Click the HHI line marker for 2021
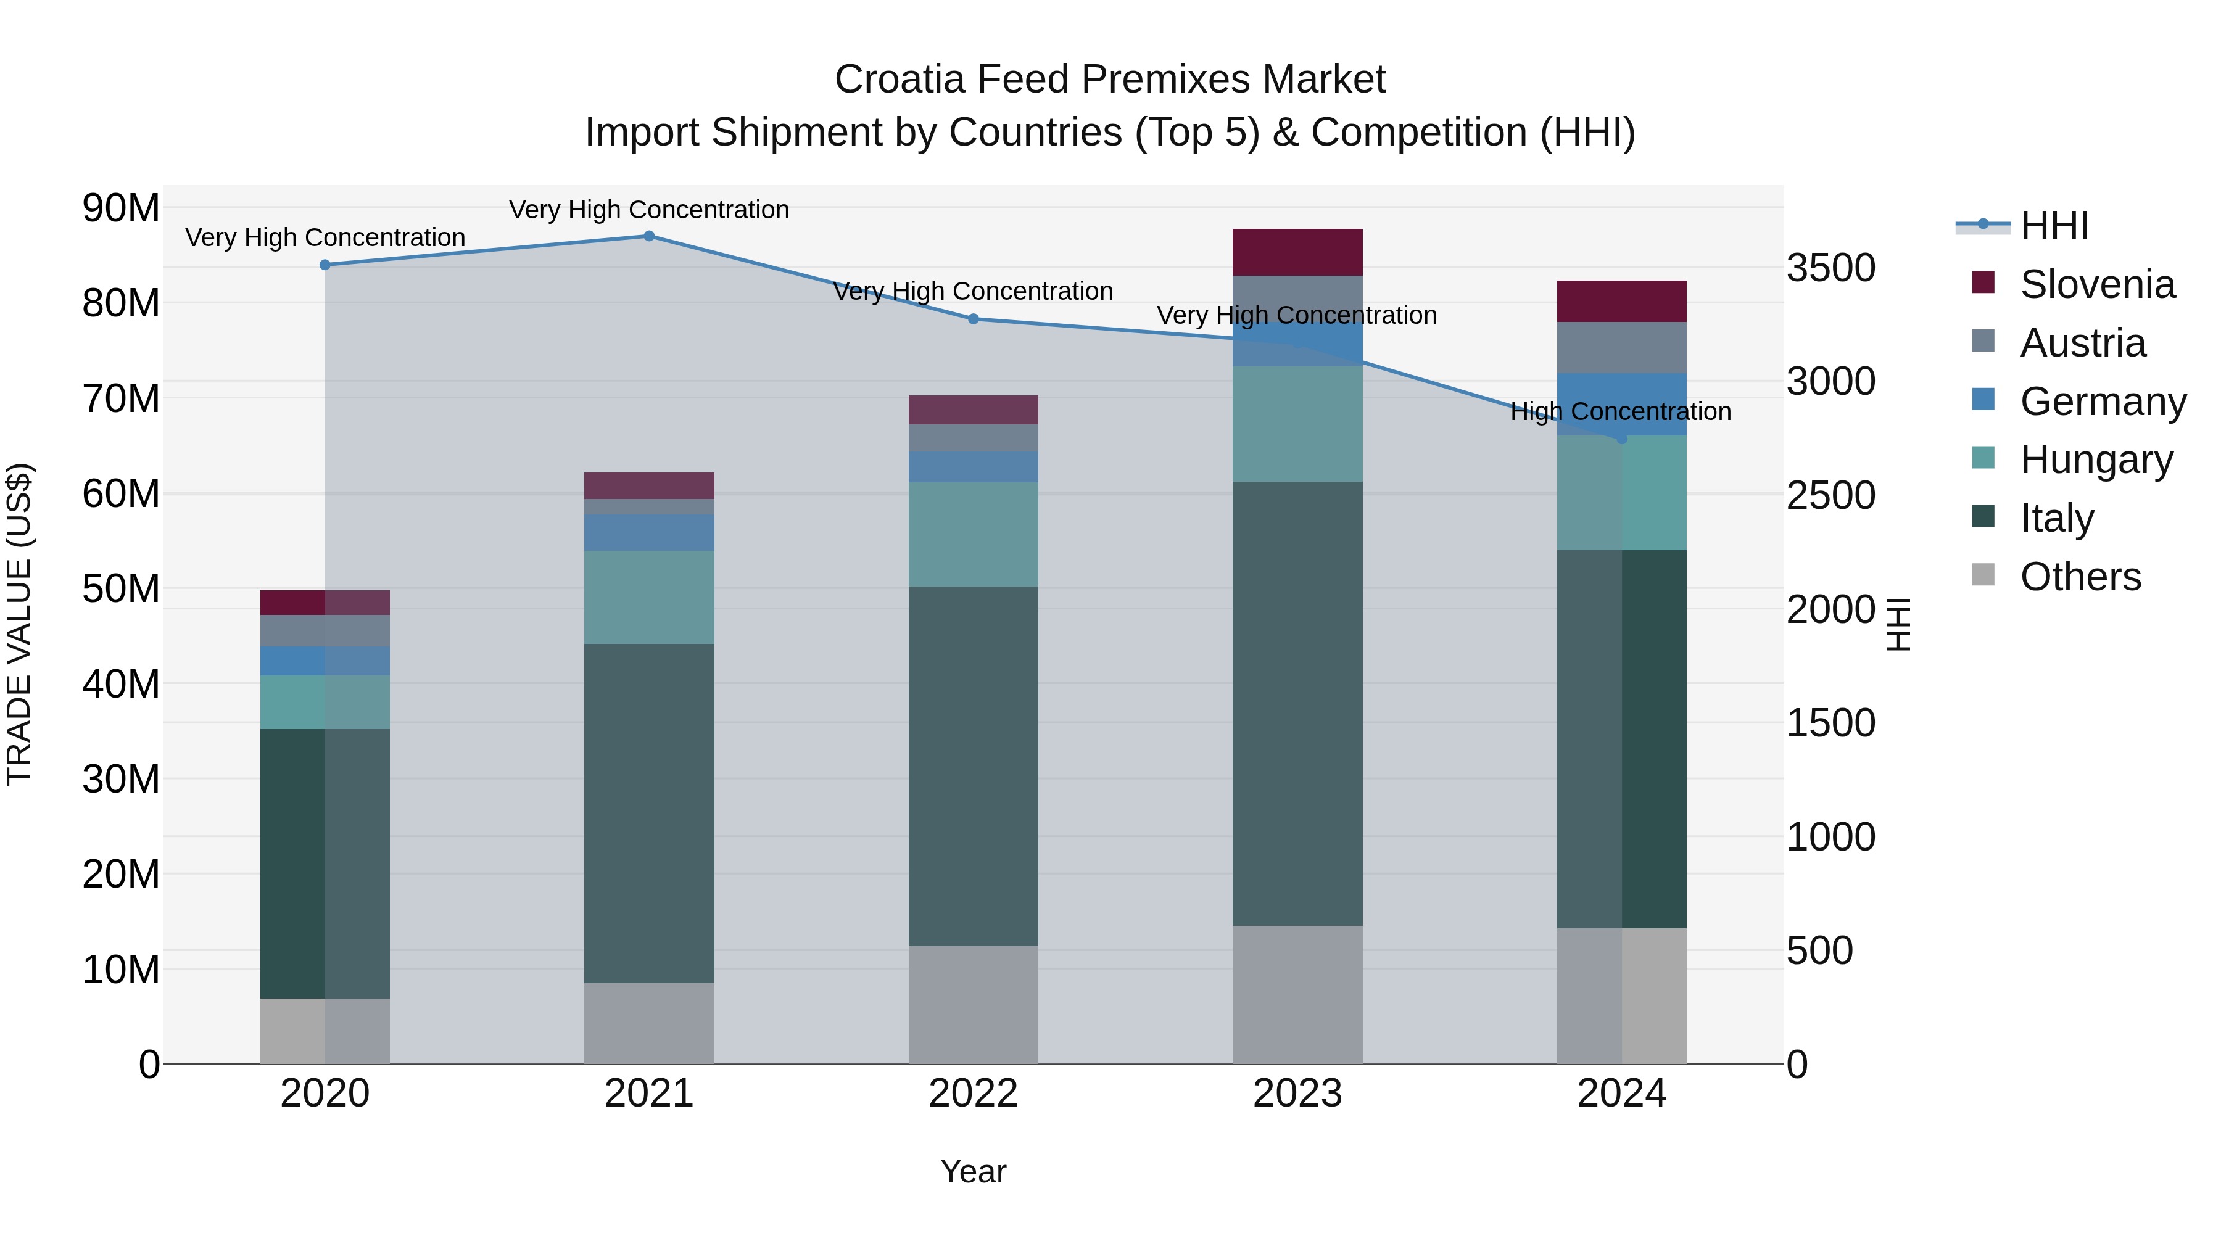(x=649, y=236)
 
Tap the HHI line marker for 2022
(x=974, y=319)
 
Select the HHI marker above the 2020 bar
(x=325, y=265)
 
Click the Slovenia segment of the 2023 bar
(x=1297, y=252)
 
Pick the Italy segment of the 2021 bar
(x=649, y=813)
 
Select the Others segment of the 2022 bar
(x=974, y=1004)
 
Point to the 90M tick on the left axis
(x=121, y=208)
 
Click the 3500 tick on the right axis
(x=1830, y=267)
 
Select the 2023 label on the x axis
(x=1297, y=1094)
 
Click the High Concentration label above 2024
(x=1620, y=411)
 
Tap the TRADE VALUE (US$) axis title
(x=20, y=624)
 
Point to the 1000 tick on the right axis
(x=1830, y=837)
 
